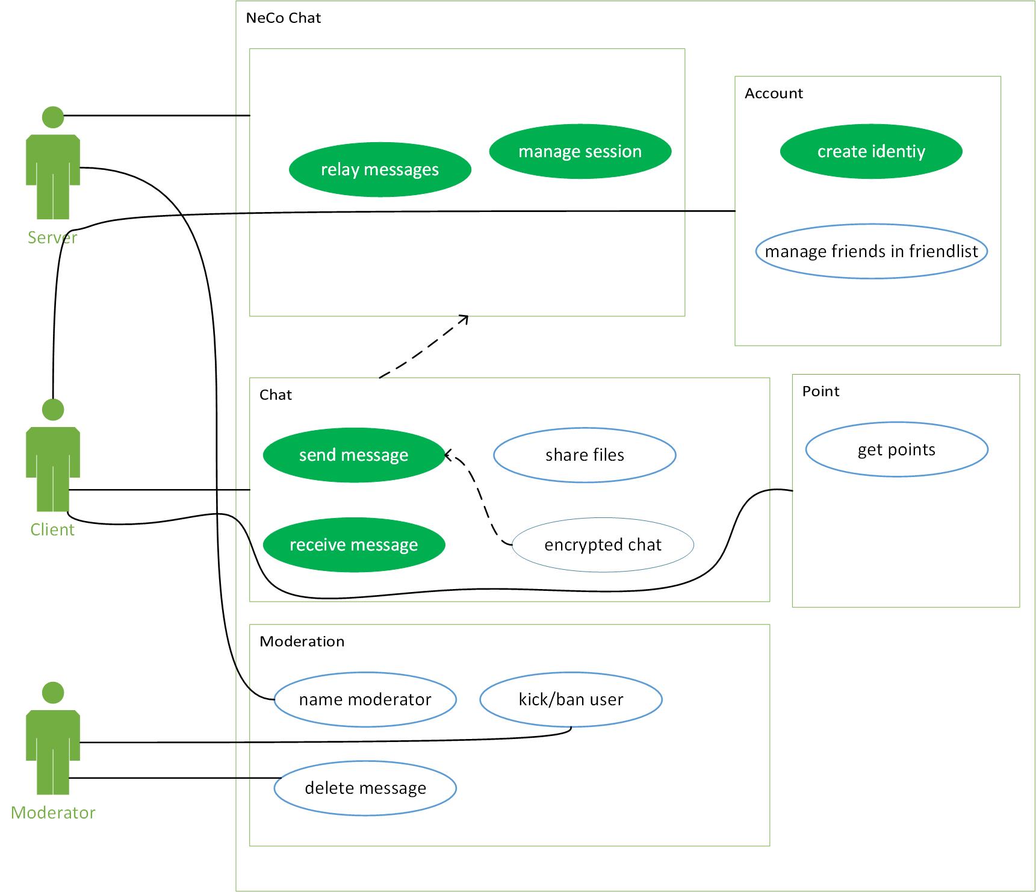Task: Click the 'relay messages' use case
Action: coord(380,170)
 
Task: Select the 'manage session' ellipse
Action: coord(580,151)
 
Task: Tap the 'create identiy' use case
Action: coord(870,151)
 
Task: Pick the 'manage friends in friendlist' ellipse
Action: coord(870,251)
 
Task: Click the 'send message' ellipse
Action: coord(353,455)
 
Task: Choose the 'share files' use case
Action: coord(585,455)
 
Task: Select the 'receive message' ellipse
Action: coord(353,545)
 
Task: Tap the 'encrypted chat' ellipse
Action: coord(603,545)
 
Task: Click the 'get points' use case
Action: coord(896,450)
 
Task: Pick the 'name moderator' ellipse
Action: coord(365,699)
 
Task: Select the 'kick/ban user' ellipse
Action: coord(571,699)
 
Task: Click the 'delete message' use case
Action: coord(365,788)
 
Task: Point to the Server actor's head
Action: coord(53,117)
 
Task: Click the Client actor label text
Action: coord(52,530)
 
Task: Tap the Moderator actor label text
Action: coord(53,813)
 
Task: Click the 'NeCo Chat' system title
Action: coord(284,18)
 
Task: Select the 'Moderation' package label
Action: coord(302,641)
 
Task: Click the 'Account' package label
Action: coord(774,93)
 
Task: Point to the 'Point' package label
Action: coord(820,391)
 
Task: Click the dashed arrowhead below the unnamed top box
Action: coord(464,319)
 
